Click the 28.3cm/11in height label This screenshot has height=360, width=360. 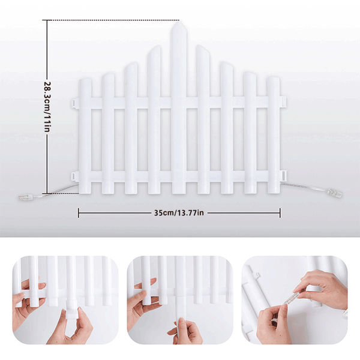[47, 107]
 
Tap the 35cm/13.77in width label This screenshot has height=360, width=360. [179, 213]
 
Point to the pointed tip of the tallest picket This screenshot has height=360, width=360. [179, 22]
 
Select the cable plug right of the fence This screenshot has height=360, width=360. [334, 192]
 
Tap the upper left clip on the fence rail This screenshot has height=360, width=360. [75, 103]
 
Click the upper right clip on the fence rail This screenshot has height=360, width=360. [283, 101]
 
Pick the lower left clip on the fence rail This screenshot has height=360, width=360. [75, 176]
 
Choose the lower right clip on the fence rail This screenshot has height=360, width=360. [283, 176]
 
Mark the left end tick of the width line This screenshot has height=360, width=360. [79, 213]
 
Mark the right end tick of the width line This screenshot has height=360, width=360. [280, 213]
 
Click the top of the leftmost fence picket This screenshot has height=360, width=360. [85, 80]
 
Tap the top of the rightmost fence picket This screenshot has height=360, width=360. [274, 78]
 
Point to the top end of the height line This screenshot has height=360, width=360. [47, 20]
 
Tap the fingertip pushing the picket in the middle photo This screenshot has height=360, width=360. [181, 322]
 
